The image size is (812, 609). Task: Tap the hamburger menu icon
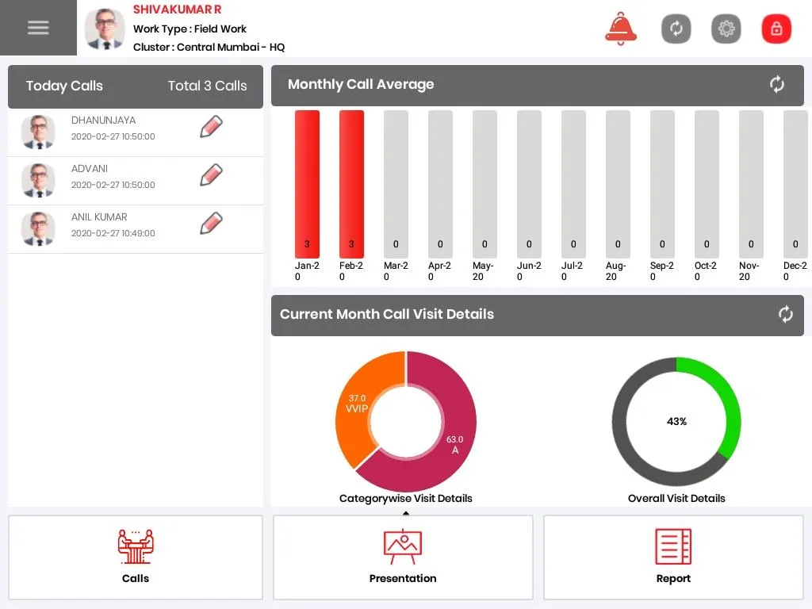pos(38,28)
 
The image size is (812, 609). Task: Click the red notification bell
pos(620,29)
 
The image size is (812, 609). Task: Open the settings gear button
pos(726,29)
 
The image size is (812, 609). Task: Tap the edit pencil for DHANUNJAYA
pos(211,127)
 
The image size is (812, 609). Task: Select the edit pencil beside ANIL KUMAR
pos(211,224)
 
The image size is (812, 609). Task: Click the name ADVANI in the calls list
pos(90,169)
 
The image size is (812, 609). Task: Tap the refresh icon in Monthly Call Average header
pos(776,85)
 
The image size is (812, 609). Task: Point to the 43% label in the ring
pos(676,422)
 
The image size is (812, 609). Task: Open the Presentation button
pos(403,557)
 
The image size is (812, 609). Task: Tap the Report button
pos(673,557)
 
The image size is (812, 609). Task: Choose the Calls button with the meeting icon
pos(136,557)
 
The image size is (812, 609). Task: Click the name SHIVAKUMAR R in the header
pos(177,10)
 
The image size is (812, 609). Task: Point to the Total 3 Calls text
pos(207,86)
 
